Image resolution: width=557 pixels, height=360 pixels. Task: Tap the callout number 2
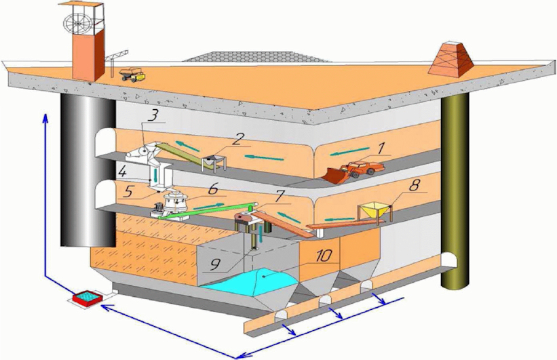coord(237,139)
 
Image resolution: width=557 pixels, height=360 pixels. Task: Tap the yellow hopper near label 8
coord(375,210)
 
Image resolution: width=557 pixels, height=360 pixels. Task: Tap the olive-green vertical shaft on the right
coord(455,190)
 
